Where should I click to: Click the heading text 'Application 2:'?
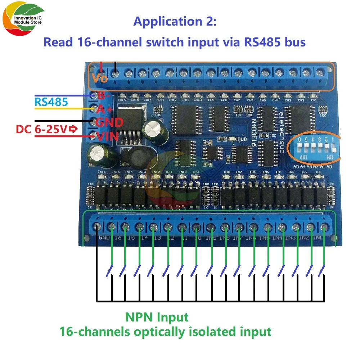(175, 22)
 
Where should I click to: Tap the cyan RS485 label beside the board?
(51, 102)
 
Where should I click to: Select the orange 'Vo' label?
(99, 77)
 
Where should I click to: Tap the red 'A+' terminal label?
(105, 109)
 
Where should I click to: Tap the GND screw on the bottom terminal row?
(97, 227)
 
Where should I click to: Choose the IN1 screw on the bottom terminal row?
(324, 227)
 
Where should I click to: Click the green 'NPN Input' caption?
(157, 317)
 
